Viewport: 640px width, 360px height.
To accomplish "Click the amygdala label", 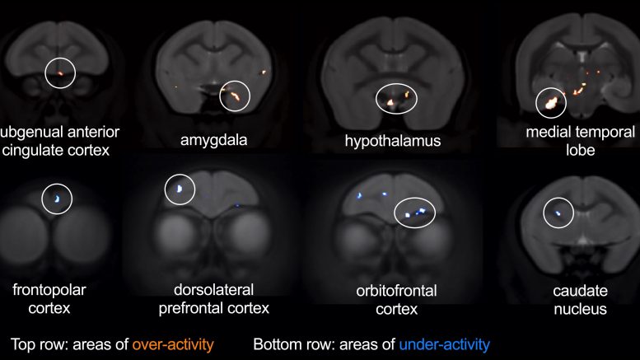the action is click(x=213, y=140).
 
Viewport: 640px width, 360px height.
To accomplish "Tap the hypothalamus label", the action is click(x=393, y=141).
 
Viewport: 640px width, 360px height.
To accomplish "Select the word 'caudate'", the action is click(x=580, y=291).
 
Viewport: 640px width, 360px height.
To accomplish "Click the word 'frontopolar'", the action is click(x=49, y=290).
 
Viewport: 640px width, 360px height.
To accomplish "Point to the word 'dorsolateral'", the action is click(x=213, y=290).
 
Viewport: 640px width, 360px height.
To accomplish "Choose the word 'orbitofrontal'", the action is click(x=396, y=291).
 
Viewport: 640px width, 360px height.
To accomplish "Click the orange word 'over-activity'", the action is click(x=173, y=344).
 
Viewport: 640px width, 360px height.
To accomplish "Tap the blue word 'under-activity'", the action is click(x=444, y=344).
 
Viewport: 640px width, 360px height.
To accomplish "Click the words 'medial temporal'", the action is click(x=580, y=133).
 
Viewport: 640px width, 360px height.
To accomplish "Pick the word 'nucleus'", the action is click(x=580, y=309).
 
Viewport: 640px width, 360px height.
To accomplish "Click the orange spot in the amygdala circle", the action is click(x=234, y=96).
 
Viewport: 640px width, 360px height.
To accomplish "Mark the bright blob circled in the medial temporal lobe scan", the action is click(x=551, y=102).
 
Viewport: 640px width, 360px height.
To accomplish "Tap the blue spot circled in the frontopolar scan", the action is click(x=57, y=199).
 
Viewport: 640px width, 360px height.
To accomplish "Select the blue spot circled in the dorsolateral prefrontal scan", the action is click(x=180, y=189).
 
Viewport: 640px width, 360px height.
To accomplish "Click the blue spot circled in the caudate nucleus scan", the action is click(x=558, y=213).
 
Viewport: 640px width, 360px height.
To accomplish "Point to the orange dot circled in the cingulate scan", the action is click(x=60, y=73).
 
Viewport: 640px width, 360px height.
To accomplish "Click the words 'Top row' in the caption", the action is click(x=35, y=344).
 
